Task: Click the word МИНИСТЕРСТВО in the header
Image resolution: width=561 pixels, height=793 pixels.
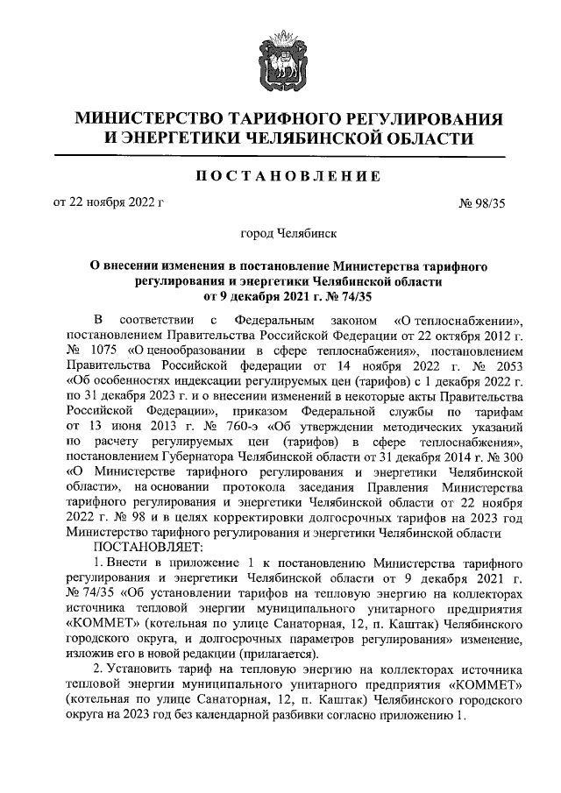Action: pyautogui.click(x=146, y=118)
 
